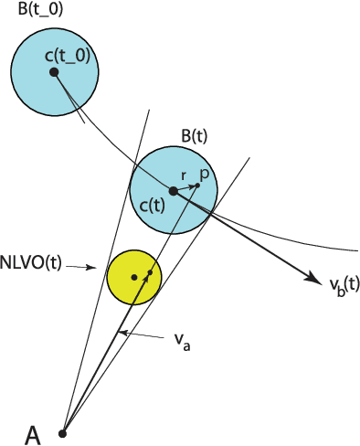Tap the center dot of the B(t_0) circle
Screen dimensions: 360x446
click(x=54, y=71)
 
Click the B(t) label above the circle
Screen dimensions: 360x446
click(x=195, y=136)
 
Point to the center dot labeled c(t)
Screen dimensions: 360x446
click(x=173, y=190)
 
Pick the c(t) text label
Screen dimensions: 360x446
click(x=151, y=207)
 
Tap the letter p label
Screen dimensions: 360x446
click(x=204, y=171)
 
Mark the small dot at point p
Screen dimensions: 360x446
click(x=197, y=186)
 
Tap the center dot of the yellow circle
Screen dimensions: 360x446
click(x=134, y=276)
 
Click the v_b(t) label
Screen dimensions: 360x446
click(x=344, y=284)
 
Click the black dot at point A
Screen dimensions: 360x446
click(x=63, y=432)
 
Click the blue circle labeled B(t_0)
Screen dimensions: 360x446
click(x=37, y=91)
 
